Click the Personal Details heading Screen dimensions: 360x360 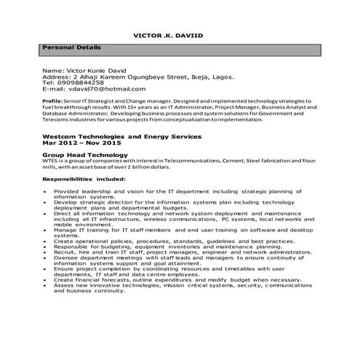[72, 47]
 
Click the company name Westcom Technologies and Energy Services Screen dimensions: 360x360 [121, 137]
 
